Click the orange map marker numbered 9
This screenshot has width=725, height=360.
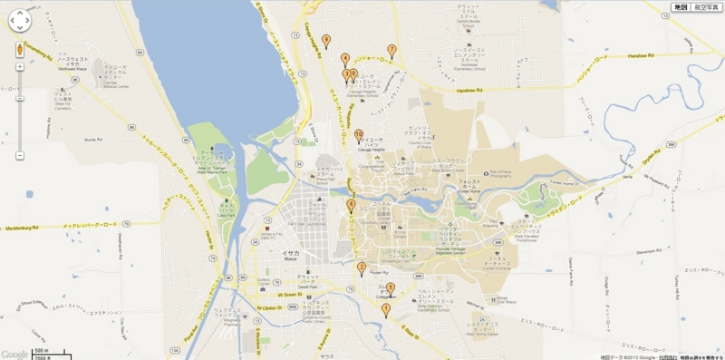pos(353,75)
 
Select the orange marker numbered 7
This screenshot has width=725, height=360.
pos(391,51)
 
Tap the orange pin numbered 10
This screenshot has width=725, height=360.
pos(359,135)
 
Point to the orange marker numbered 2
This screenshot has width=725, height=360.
pos(361,268)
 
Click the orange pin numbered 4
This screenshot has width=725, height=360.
pos(345,59)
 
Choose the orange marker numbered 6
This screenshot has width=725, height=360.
pos(391,288)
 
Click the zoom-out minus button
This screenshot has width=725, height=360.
pos(20,155)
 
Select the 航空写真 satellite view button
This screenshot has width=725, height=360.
pos(704,7)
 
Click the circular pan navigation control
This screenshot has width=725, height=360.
pos(20,21)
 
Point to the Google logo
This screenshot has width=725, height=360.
pos(14,354)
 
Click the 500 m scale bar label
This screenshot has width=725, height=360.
pos(41,348)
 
